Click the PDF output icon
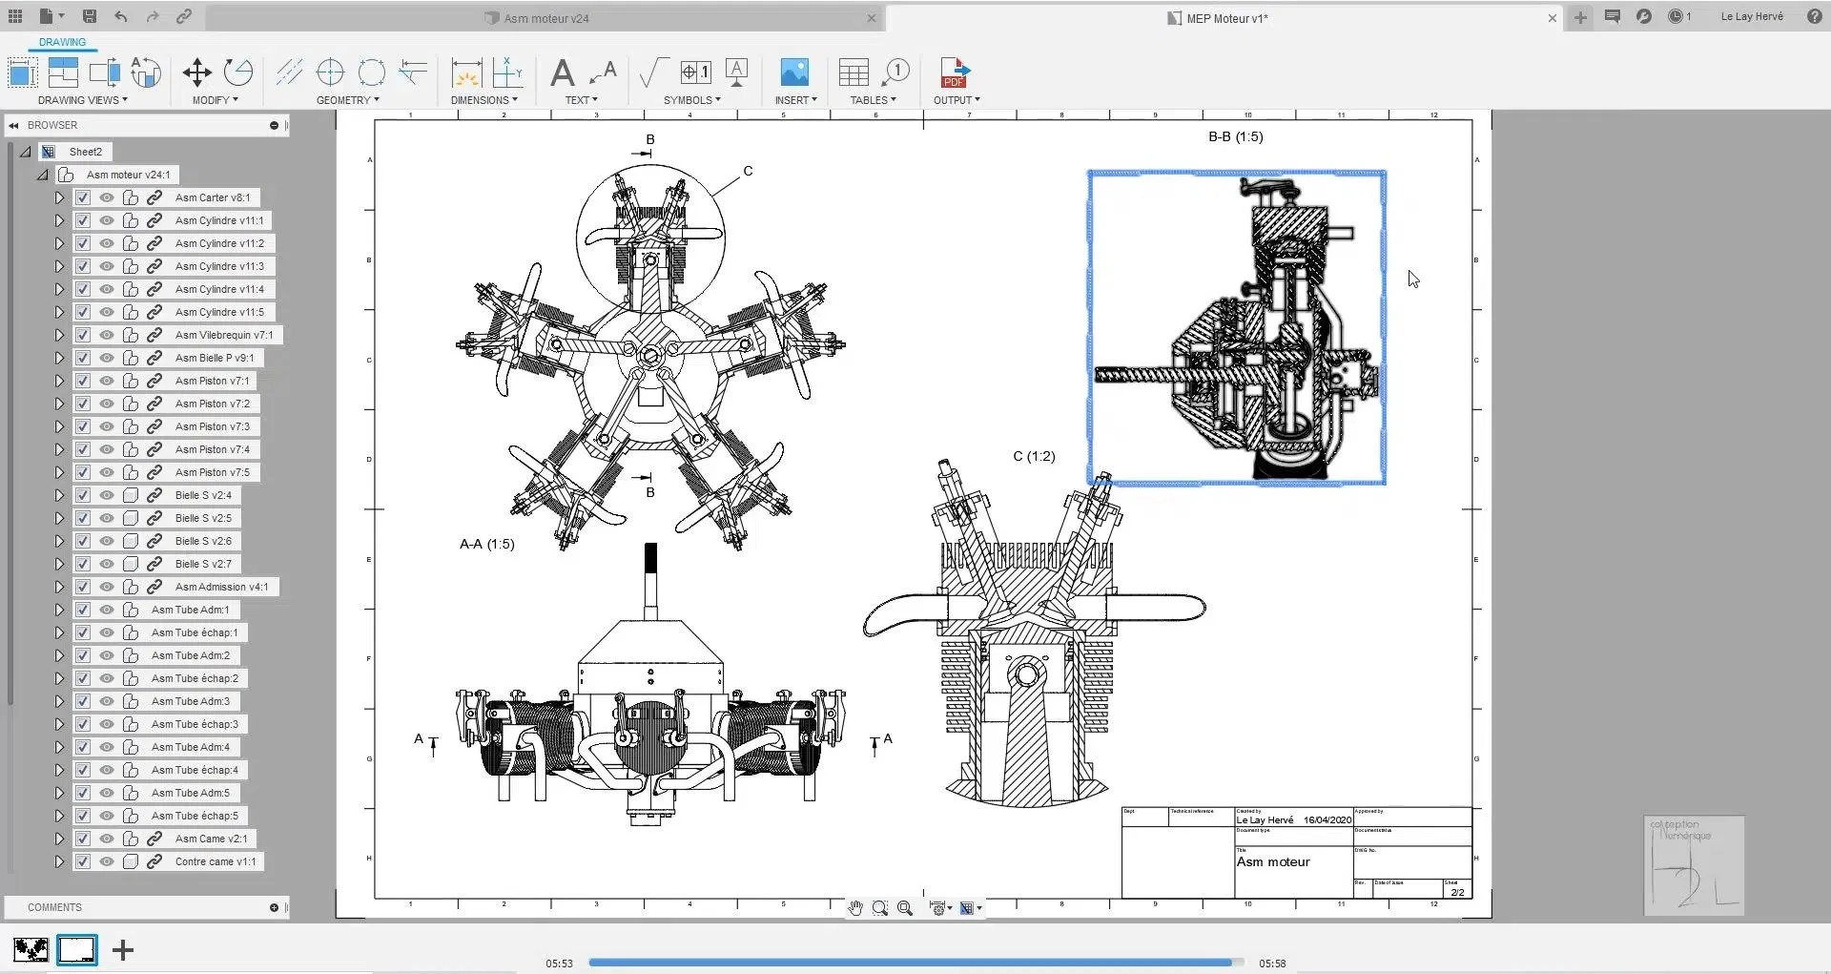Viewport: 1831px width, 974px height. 954,73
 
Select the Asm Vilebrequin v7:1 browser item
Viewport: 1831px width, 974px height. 223,335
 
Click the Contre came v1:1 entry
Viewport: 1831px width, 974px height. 215,861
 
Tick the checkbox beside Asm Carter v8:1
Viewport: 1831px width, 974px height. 83,197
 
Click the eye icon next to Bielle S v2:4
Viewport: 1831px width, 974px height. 107,495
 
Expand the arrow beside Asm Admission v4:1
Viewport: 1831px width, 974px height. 59,587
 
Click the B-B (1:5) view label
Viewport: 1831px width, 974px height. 1235,136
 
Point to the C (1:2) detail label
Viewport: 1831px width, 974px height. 1034,456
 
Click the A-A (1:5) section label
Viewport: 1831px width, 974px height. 486,544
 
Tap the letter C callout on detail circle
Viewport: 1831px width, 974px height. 748,171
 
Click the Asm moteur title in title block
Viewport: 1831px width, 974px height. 1272,861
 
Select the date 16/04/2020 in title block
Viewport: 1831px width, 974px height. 1327,819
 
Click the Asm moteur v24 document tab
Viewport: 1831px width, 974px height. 545,18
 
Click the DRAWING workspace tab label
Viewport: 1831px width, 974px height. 62,42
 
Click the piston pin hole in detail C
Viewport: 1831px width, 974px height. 1026,674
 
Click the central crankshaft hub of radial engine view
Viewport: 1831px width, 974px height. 650,356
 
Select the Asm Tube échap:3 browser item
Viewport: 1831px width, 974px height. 195,724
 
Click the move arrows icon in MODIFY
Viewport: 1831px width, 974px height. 196,73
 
